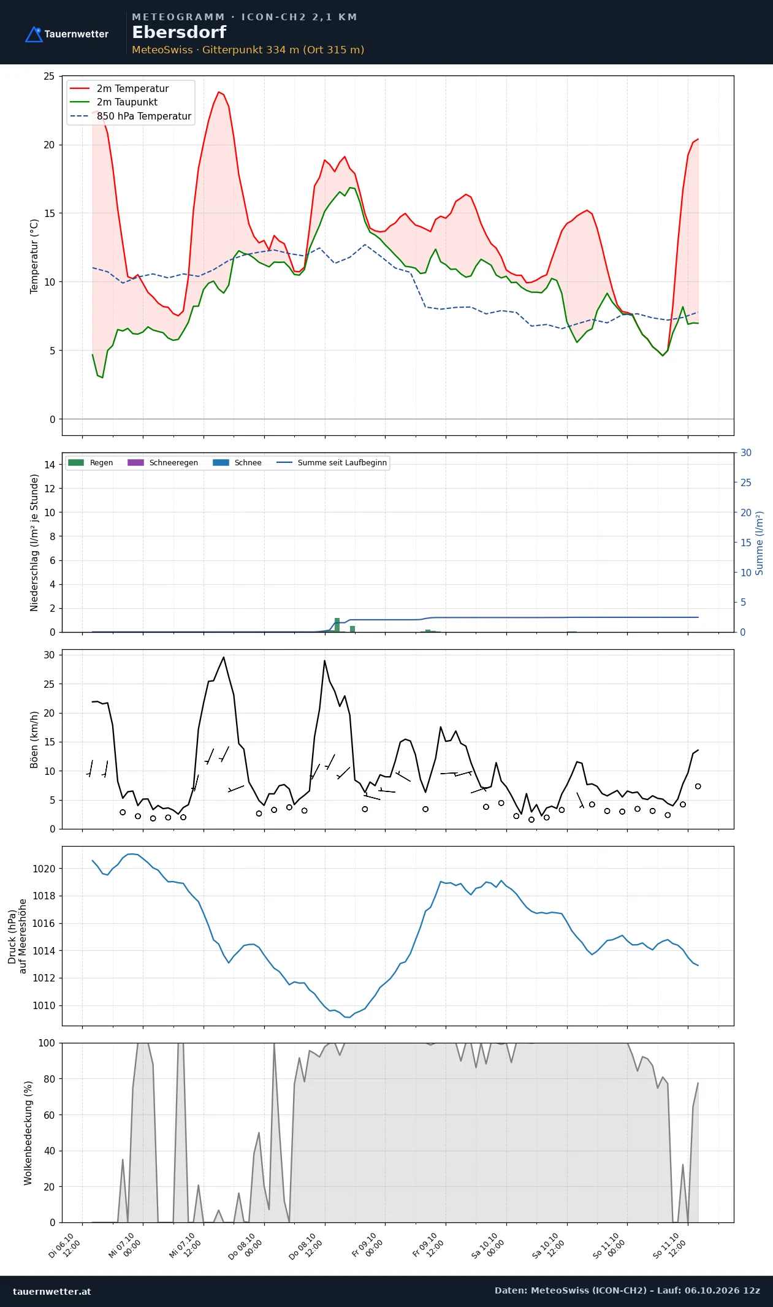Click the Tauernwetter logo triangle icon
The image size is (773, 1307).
(x=34, y=34)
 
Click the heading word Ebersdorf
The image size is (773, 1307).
(x=179, y=32)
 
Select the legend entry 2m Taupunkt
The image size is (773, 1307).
(x=127, y=102)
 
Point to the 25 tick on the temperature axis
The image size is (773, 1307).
(x=49, y=77)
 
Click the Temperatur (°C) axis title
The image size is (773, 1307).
(x=34, y=256)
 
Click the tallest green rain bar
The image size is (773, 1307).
(x=337, y=625)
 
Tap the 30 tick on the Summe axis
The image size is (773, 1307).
(x=746, y=453)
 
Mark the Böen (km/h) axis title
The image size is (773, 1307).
(x=34, y=740)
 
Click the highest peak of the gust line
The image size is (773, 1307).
(x=224, y=657)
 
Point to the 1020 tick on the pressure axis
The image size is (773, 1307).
(x=44, y=869)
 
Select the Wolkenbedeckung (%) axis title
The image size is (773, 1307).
(x=28, y=1133)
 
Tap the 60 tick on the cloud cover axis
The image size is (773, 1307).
(x=49, y=1115)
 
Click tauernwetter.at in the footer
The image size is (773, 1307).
(x=52, y=1291)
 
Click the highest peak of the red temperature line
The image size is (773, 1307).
(x=219, y=92)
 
